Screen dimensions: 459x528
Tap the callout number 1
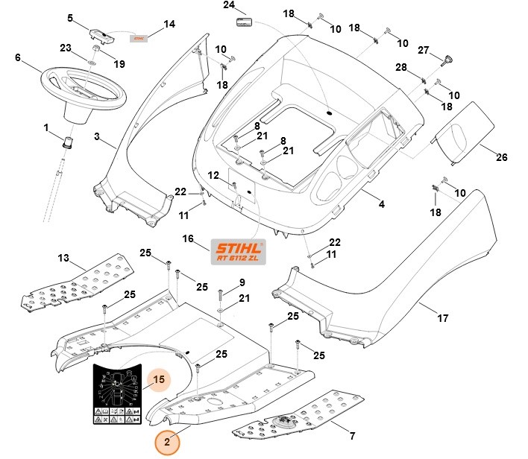tap(46, 128)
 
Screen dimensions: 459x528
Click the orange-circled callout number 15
tap(158, 381)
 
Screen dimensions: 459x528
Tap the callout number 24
tap(229, 5)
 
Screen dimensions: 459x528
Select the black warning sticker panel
tap(117, 396)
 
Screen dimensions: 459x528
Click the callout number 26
tap(501, 158)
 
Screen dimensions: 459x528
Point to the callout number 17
tap(442, 318)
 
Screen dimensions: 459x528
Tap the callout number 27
tap(424, 51)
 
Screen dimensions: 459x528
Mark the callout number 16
tap(188, 239)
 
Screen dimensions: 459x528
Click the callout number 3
tap(97, 136)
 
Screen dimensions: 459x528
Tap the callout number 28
tap(400, 68)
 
